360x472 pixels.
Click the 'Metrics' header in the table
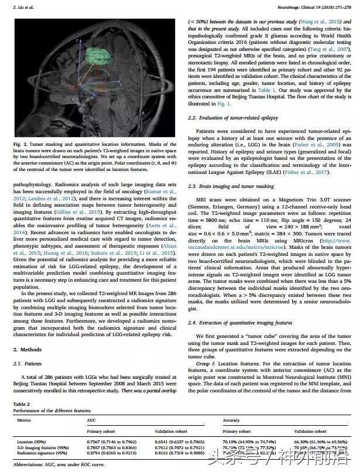coord(23,420)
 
